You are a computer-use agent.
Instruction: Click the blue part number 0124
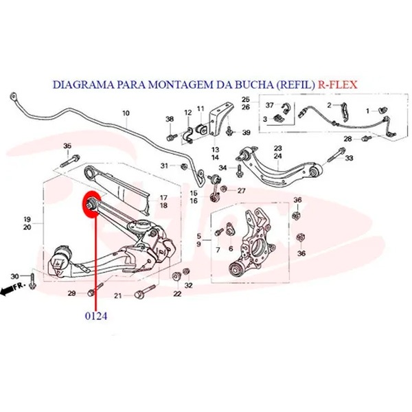(96, 316)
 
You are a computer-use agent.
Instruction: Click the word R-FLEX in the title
(338, 84)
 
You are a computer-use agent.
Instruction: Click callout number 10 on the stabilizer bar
(126, 113)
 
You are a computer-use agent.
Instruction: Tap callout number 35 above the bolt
(67, 146)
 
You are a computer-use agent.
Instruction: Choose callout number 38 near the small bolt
(170, 119)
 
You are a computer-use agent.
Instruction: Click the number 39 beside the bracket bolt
(247, 133)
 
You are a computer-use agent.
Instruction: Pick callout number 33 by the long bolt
(349, 158)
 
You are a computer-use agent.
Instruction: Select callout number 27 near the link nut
(241, 191)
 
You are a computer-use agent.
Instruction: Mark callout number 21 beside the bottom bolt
(117, 296)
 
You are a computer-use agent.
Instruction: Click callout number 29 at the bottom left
(71, 293)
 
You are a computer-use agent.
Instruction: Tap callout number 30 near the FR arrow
(14, 277)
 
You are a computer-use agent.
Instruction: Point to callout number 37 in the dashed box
(270, 105)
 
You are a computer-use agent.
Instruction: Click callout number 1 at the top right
(368, 111)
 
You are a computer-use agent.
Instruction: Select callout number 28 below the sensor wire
(347, 139)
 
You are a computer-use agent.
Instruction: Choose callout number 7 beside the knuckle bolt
(218, 250)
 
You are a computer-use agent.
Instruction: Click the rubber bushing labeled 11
(201, 128)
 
